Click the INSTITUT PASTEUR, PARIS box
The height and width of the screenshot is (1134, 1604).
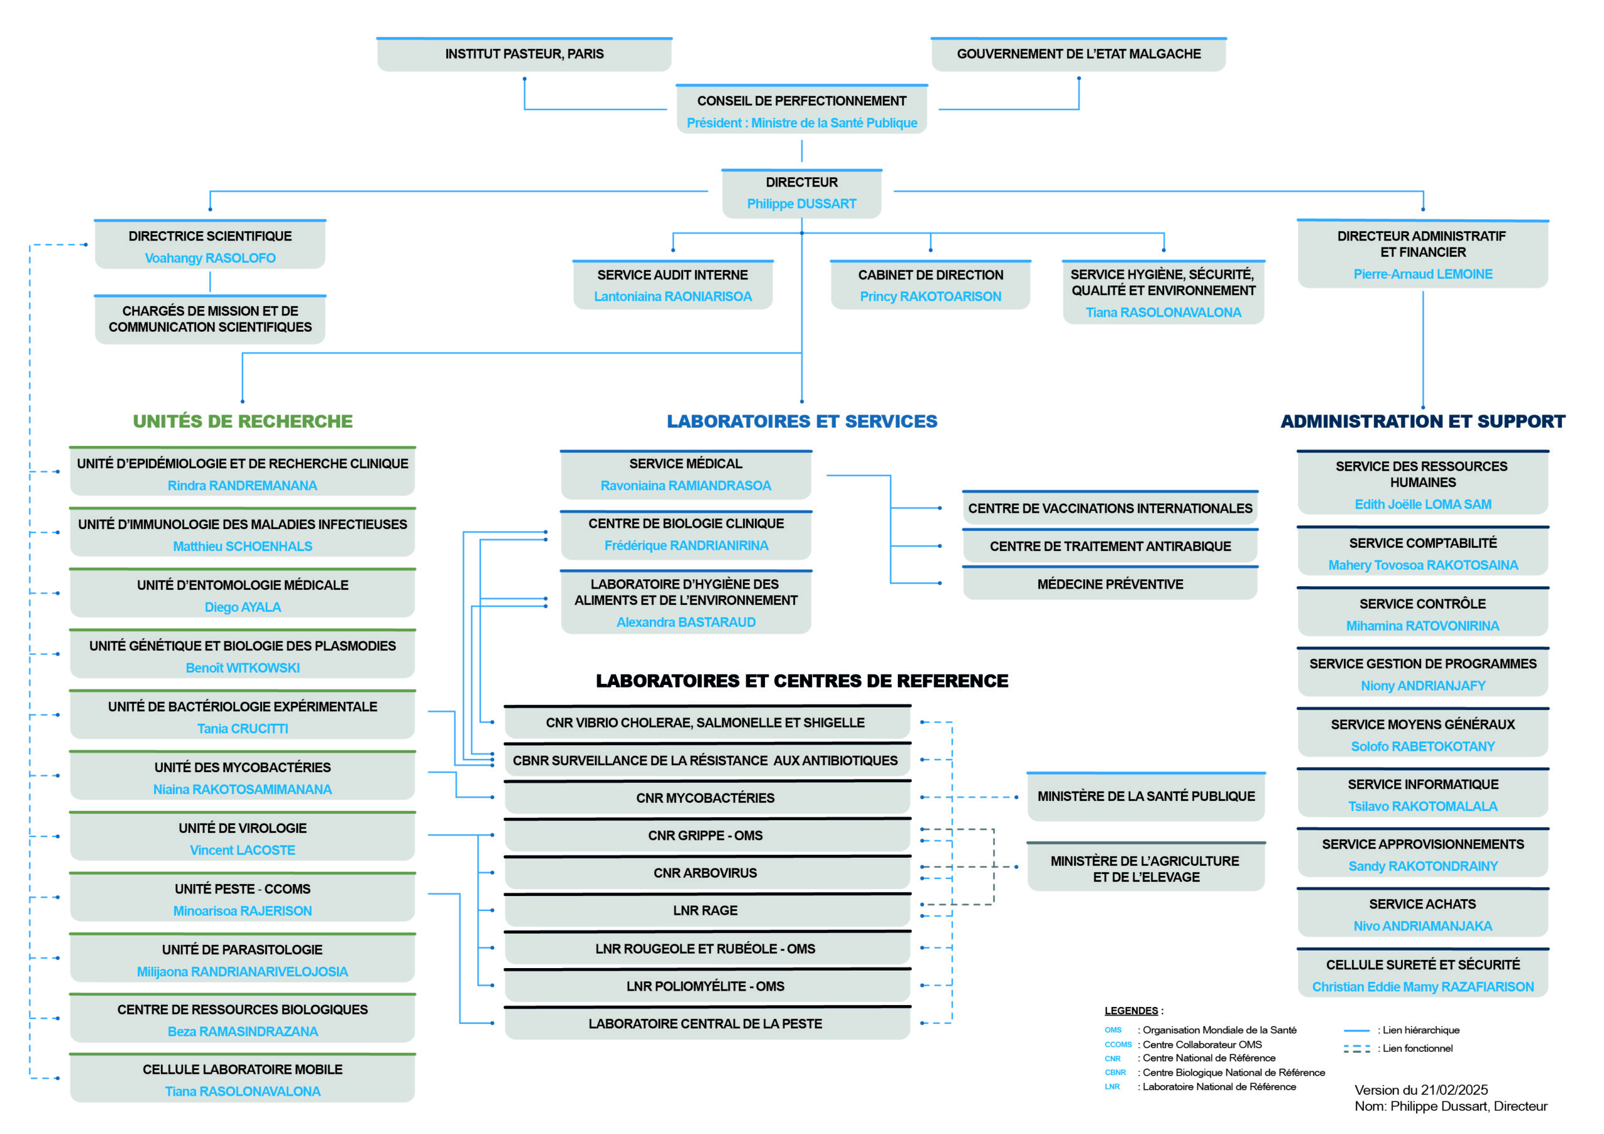pos(524,54)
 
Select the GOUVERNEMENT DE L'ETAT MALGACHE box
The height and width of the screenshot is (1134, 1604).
pos(1079,54)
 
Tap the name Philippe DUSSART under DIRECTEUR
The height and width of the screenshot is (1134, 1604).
pos(801,204)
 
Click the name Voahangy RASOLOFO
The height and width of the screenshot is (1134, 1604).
pos(211,259)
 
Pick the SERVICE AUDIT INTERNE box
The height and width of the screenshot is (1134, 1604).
pos(673,285)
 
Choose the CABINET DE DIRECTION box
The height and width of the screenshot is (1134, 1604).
pos(930,285)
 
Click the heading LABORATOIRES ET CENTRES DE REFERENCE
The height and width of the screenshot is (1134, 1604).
pos(802,681)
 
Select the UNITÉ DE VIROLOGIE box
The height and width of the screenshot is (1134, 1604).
pos(242,837)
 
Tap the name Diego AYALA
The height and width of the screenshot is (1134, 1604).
pos(242,607)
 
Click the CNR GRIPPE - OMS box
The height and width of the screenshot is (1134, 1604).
pos(707,835)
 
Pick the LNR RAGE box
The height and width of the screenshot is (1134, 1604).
pos(707,910)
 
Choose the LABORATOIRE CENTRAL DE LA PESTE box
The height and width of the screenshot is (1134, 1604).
pos(707,1024)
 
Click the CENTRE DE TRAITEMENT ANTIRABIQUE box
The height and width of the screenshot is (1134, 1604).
pos(1110,546)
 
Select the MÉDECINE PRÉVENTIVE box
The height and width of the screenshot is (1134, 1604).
pos(1110,584)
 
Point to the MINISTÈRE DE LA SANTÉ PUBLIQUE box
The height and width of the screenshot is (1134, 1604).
pos(1146,796)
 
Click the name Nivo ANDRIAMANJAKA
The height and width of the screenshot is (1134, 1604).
pos(1422,927)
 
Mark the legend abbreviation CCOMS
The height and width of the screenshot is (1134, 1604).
pos(1118,1044)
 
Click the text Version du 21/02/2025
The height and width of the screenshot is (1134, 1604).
pos(1421,1090)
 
